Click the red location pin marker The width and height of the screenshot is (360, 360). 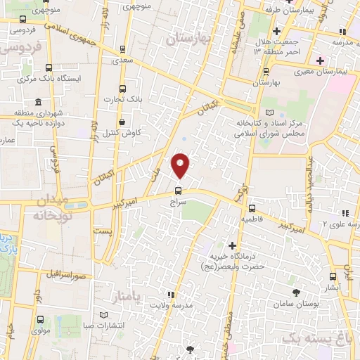(181, 165)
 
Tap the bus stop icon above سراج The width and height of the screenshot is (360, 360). (176, 189)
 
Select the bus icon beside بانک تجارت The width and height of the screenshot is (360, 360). (124, 89)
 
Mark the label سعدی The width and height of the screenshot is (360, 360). (123, 62)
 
